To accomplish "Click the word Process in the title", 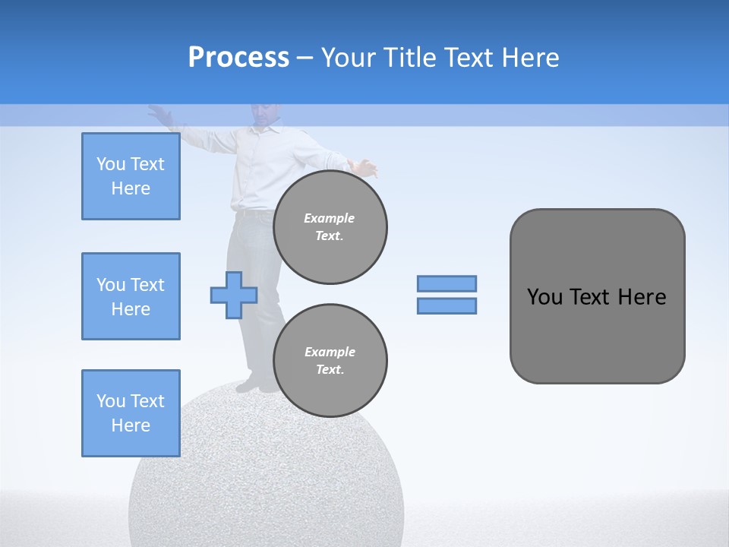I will (x=238, y=58).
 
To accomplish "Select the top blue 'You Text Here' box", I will (x=131, y=176).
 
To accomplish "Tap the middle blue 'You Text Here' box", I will (x=131, y=296).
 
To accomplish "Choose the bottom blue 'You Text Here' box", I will (x=131, y=413).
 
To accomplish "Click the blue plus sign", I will (x=234, y=295).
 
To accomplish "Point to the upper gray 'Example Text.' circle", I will (x=330, y=227).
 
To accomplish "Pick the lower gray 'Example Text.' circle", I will (x=330, y=361).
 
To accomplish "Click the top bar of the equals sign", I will (x=447, y=283).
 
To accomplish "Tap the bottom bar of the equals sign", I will (x=447, y=305).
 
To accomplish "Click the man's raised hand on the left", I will (x=159, y=114).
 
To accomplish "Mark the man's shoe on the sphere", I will (x=251, y=385).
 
